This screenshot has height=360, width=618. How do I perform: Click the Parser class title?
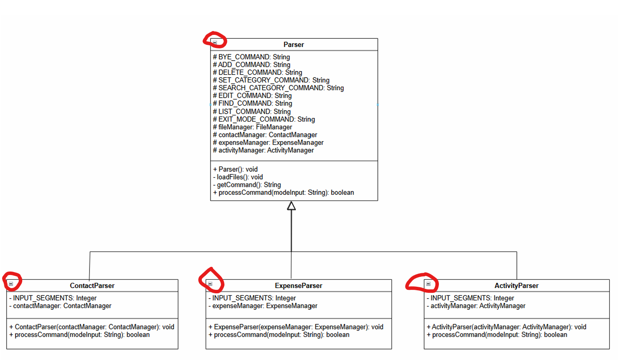tap(294, 44)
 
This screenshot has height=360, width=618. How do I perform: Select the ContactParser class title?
tap(92, 286)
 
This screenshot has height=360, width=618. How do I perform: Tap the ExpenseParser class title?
tap(299, 286)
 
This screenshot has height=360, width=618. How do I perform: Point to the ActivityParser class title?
tap(516, 286)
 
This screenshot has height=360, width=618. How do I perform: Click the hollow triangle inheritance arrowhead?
tap(291, 205)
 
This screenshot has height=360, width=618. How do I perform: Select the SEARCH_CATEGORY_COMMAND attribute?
tap(278, 88)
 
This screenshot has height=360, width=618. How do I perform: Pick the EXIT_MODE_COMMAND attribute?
tap(264, 119)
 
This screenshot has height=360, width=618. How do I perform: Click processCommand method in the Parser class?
tap(284, 193)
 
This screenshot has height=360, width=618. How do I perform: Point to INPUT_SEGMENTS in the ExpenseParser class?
tap(252, 298)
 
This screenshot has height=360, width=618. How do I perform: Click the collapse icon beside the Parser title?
tap(215, 42)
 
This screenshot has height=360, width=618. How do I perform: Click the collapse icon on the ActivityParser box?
tap(428, 284)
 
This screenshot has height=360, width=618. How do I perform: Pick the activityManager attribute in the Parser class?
tap(263, 150)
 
